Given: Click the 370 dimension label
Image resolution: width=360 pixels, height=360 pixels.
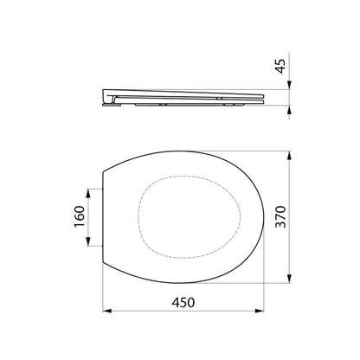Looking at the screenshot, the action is click(280, 216).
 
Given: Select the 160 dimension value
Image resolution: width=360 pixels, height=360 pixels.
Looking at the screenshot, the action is click(80, 216).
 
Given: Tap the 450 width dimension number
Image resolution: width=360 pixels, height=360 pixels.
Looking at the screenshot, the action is click(183, 303).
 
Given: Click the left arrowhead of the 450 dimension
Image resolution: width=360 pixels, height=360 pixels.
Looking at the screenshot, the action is click(107, 311).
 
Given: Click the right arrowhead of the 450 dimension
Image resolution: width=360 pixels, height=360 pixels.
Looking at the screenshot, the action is click(260, 311).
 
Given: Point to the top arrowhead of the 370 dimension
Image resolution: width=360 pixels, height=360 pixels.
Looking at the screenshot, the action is click(289, 156).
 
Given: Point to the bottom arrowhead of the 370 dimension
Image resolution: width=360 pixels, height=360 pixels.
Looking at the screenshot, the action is click(289, 278).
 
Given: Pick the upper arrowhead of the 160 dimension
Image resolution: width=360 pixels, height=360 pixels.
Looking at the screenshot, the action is click(88, 193).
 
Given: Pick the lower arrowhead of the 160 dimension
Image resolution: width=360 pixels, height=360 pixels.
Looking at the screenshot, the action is click(88, 241).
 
